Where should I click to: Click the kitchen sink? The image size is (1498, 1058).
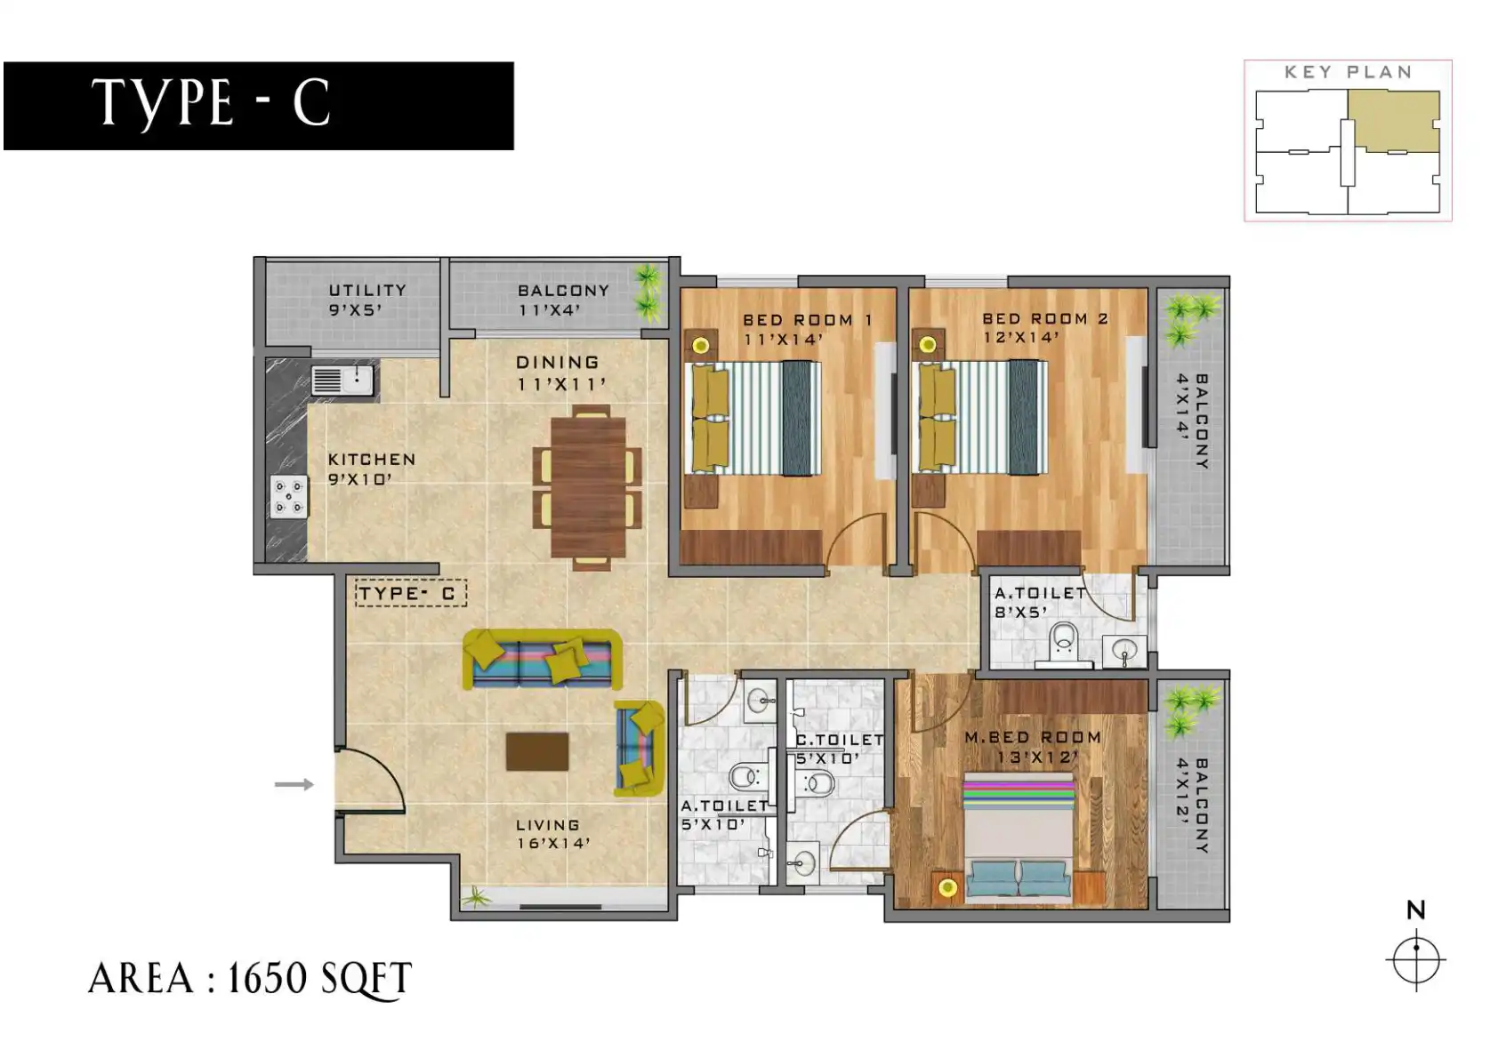pos(343,380)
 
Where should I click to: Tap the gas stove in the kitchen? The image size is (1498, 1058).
pos(289,497)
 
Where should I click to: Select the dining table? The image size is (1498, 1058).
pos(588,487)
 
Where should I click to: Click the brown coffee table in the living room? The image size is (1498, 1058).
pos(537,751)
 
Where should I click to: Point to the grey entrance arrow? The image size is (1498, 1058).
pos(294,784)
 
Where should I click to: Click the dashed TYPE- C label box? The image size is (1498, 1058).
pos(411,593)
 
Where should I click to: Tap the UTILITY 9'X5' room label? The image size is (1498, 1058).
pos(367,300)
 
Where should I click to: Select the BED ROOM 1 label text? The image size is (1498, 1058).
pos(808,320)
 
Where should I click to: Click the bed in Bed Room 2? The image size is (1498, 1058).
pos(980,418)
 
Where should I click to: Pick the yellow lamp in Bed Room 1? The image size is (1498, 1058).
pos(701,345)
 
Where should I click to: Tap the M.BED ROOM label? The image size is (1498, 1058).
pos(1033,737)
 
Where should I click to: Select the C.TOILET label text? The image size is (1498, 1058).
pos(839,740)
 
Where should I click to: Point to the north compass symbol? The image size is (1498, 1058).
pos(1416,960)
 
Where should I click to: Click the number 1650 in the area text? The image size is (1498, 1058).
pos(267,979)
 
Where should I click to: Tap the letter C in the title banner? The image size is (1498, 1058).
pos(311,102)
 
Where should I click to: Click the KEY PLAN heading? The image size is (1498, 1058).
pos(1349,72)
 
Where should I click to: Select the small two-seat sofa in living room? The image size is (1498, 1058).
pos(640,748)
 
